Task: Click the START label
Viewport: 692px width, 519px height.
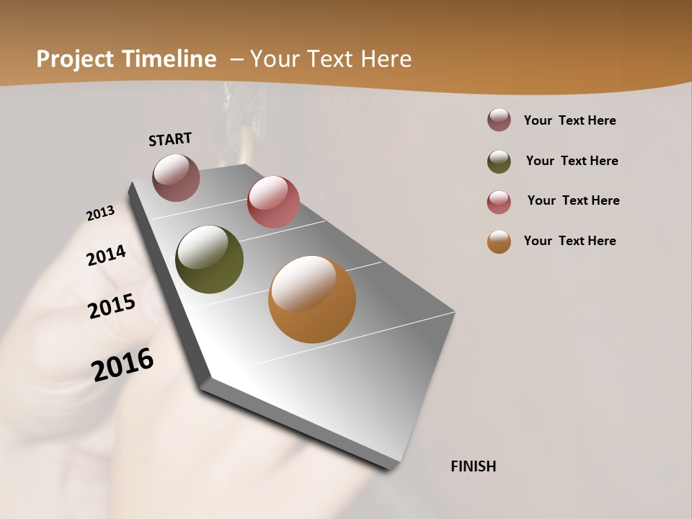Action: (170, 138)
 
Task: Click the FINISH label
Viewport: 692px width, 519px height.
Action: (473, 466)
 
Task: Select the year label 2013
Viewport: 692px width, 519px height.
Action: (101, 213)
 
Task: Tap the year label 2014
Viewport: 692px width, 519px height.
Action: (107, 255)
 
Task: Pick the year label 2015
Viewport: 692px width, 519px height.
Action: (112, 306)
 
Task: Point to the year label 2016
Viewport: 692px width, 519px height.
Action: (123, 365)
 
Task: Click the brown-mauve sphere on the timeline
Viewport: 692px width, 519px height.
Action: (176, 177)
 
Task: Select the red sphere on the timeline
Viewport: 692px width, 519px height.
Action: (273, 202)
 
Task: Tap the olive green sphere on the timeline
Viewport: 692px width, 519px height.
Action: (209, 259)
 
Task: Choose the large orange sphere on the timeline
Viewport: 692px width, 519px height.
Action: (312, 299)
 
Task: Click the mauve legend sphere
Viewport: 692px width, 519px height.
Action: (499, 120)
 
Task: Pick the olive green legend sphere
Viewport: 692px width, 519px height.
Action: (499, 161)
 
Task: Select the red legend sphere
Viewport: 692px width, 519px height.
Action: (499, 201)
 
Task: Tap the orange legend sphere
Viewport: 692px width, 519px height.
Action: (499, 241)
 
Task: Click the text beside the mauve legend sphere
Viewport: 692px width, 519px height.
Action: (569, 120)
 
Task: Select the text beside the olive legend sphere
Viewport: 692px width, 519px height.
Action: (572, 161)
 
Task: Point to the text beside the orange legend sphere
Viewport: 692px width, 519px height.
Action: (569, 241)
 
